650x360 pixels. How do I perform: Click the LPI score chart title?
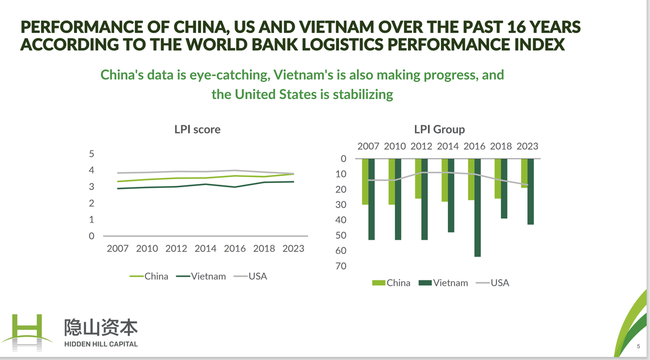pos(197,130)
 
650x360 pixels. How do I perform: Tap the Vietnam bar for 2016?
pos(478,207)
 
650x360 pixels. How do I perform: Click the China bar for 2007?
pos(365,181)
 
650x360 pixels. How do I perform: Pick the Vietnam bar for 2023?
pos(531,192)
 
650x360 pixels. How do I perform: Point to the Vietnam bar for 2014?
pos(451,195)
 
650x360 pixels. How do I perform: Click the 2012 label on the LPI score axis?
pos(176,248)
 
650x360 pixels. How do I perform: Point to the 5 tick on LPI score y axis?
pos(91,154)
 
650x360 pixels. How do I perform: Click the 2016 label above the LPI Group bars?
pos(474,146)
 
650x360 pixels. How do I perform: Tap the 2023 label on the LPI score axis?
pos(292,248)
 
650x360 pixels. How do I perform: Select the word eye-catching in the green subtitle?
pos(223,75)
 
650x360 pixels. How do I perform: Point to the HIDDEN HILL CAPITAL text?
pos(101,344)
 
